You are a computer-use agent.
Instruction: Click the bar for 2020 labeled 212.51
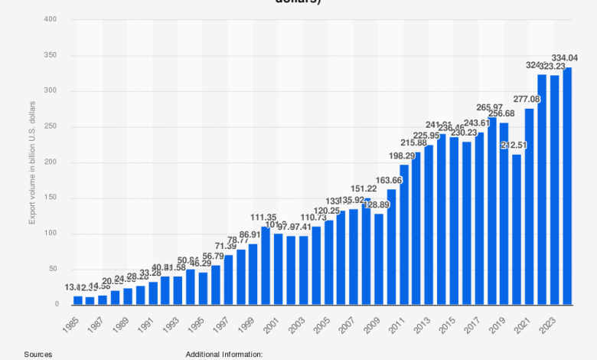click(x=517, y=230)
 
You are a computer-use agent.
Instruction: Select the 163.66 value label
click(x=391, y=180)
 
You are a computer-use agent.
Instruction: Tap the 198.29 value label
click(x=403, y=155)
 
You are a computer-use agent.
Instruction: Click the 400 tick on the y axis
click(x=51, y=19)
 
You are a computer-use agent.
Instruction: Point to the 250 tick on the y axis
click(x=51, y=126)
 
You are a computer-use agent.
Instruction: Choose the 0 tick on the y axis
click(x=56, y=305)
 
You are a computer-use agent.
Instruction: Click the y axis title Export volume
click(x=32, y=162)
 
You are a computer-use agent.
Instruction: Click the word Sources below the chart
click(x=38, y=355)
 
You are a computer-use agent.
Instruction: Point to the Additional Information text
click(x=223, y=355)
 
